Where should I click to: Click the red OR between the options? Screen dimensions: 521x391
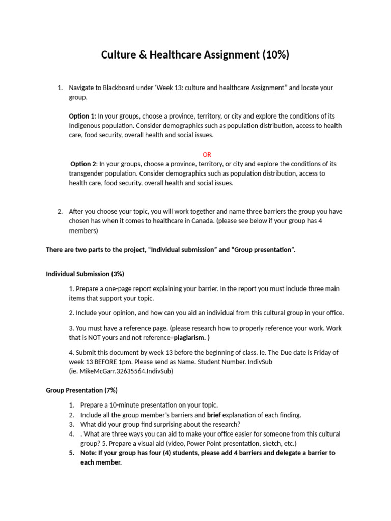coord(207,154)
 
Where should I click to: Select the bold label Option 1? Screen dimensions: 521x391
coord(82,116)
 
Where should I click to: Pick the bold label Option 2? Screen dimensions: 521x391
coord(83,164)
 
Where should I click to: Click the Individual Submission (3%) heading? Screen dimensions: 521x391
coord(85,274)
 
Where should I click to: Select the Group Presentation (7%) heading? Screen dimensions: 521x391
coord(82,390)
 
